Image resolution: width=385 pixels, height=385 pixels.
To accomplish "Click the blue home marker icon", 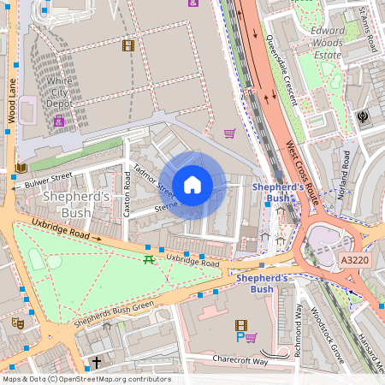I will point(192,185).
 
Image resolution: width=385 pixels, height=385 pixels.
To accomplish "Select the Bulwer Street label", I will point(49,180).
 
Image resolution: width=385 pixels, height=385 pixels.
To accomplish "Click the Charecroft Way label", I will point(240,361).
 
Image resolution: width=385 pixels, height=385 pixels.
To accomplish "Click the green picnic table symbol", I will point(149,260).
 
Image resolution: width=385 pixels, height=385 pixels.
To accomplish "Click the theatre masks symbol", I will point(16,323).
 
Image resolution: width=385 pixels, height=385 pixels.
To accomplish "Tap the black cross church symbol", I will point(96,362).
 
